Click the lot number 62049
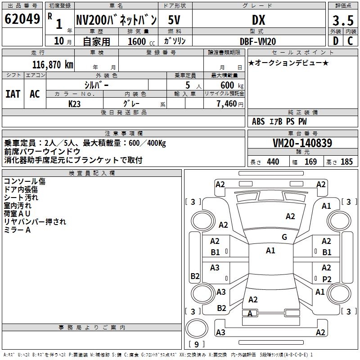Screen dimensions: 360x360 [x=22, y=19]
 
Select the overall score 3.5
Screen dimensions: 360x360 [x=342, y=21]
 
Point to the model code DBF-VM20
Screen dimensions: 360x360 [x=258, y=41]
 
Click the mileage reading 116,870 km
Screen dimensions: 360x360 [x=53, y=64]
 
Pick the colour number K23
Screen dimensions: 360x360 [x=75, y=103]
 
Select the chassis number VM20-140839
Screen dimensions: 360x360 [x=302, y=143]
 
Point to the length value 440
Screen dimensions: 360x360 [x=273, y=162]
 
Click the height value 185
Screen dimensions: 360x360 [x=346, y=162]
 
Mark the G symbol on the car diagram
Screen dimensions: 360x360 [x=284, y=237]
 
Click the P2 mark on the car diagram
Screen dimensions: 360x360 [x=327, y=279]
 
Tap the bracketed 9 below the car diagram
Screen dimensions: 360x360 [x=197, y=345]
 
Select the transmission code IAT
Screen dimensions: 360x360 [x=13, y=94]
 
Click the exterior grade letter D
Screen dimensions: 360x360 [x=335, y=41]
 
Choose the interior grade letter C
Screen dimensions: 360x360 [x=350, y=41]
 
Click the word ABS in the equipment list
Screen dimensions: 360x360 [x=258, y=121]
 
